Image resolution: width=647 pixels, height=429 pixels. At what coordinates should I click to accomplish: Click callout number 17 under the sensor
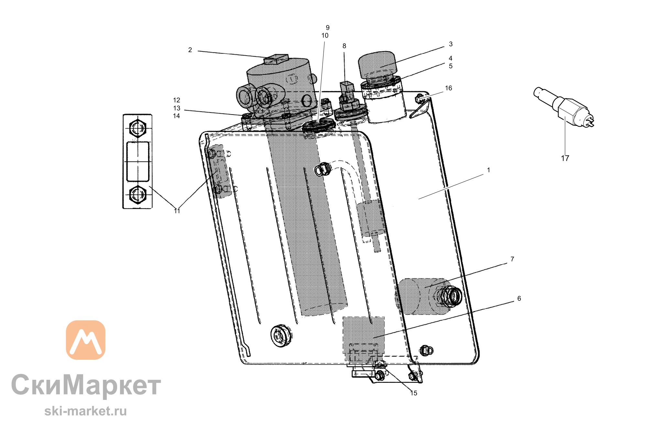click(565, 158)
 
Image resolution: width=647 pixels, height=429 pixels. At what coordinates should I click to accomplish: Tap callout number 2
click(190, 50)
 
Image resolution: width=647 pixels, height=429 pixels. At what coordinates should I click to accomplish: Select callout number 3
click(451, 44)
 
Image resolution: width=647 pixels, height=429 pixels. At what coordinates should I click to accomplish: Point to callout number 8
click(344, 46)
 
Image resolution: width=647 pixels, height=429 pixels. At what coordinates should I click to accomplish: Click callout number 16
click(448, 88)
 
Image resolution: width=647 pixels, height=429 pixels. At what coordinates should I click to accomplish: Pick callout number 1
click(488, 170)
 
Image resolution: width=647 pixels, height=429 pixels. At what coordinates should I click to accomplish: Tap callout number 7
click(512, 259)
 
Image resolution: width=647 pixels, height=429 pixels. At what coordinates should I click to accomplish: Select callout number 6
click(519, 298)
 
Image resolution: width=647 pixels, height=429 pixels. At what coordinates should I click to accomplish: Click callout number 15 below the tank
click(414, 393)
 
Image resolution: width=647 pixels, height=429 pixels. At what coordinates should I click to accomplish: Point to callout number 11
click(177, 211)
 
